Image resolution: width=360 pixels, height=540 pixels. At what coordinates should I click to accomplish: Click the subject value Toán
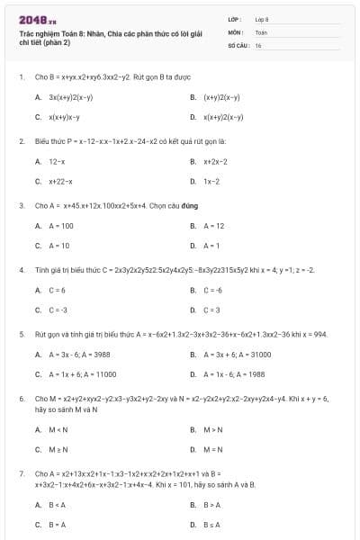[261, 31]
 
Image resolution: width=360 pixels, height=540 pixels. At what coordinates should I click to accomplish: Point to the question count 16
[258, 44]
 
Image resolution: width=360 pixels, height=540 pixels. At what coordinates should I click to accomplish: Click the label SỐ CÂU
[237, 44]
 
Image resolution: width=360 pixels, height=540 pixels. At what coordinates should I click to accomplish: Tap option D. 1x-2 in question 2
[211, 182]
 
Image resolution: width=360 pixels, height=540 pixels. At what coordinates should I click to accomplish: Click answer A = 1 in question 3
[212, 246]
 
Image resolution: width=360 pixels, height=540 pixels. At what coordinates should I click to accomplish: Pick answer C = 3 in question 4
[212, 310]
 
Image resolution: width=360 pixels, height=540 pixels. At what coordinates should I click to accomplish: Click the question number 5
[21, 334]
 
